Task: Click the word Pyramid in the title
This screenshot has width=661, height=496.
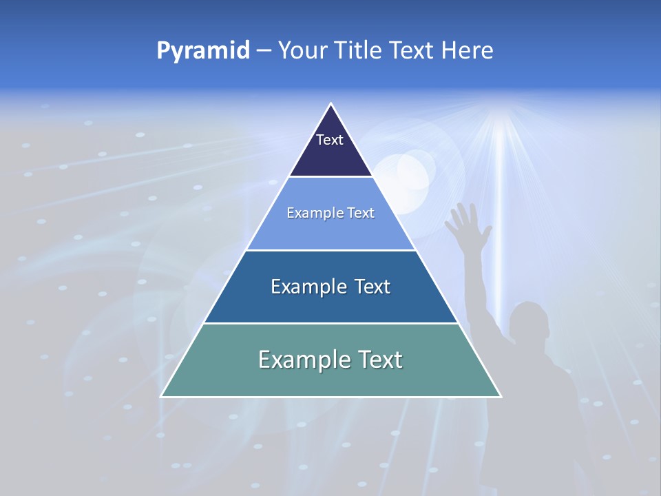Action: [x=203, y=51]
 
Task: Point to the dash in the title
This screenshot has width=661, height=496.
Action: [x=263, y=51]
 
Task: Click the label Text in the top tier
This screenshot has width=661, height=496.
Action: [x=330, y=140]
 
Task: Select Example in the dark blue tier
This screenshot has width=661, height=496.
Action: [x=302, y=287]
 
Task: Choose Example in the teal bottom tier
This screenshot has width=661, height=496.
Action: [x=295, y=360]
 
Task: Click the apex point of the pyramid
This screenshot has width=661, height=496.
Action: [x=330, y=104]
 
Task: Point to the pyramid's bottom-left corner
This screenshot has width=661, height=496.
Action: [x=161, y=396]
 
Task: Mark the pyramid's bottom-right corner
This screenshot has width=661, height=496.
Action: [x=501, y=396]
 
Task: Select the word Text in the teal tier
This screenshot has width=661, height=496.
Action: [x=377, y=360]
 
